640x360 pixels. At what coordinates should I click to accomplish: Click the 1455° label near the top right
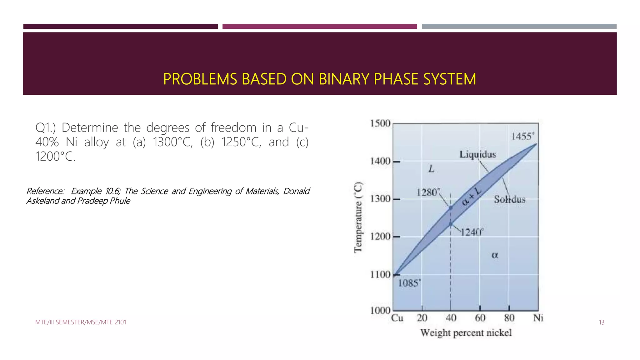point(522,136)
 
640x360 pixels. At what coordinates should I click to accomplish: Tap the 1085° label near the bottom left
point(409,283)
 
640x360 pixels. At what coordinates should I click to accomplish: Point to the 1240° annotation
point(472,232)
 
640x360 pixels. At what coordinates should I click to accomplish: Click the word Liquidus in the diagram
point(477,154)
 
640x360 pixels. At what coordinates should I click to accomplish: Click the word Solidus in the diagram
point(510,199)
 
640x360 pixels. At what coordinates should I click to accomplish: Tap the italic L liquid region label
point(431,169)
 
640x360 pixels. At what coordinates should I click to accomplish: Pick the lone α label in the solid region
point(495,255)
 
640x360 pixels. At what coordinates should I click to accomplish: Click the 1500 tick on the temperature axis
point(380,123)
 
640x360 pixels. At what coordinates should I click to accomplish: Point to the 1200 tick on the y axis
point(380,237)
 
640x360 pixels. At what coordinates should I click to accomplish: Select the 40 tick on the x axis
point(451,318)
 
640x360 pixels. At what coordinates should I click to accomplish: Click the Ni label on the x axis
point(538,318)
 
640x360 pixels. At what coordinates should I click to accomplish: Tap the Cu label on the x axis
point(397,318)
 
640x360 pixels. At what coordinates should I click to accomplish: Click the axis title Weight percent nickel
point(466,333)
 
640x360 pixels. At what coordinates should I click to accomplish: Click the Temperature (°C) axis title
point(358,217)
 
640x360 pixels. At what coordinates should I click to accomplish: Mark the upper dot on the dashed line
point(451,207)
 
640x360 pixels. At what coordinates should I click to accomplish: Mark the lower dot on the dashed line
point(451,224)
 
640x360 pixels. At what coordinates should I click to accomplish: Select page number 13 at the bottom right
point(602,322)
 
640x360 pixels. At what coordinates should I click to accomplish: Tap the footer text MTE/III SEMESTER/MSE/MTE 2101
point(81,322)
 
